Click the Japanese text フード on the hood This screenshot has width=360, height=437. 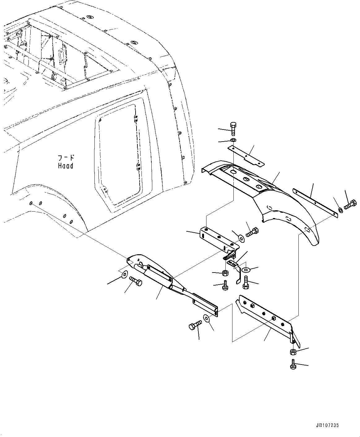pyautogui.click(x=66, y=157)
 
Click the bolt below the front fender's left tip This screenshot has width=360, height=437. pyautogui.click(x=136, y=282)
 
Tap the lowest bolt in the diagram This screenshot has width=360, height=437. pyautogui.click(x=293, y=364)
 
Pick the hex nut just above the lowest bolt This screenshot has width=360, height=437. pyautogui.click(x=293, y=352)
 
